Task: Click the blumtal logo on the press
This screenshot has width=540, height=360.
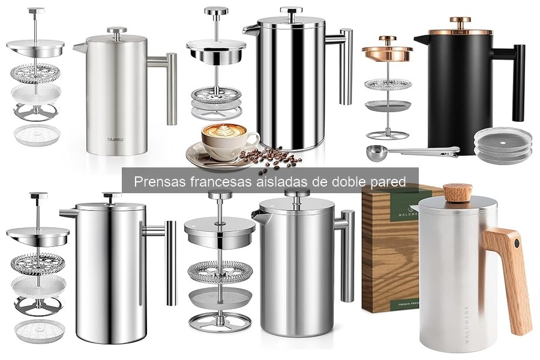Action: pos(115,140)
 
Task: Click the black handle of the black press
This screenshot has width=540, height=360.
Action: pos(517,81)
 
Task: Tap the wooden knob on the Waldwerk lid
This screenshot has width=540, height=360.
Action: pos(457,193)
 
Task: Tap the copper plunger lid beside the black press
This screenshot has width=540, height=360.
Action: pos(387,52)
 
